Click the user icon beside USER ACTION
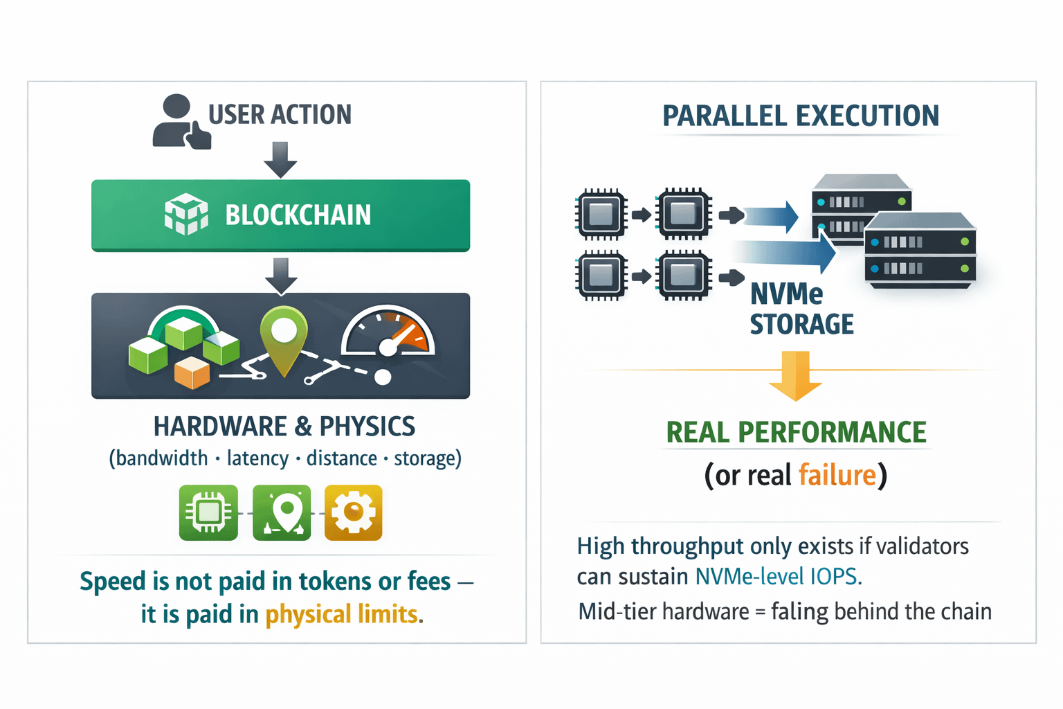181,122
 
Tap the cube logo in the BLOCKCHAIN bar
186,214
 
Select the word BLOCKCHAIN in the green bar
298,215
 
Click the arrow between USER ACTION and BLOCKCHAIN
280,159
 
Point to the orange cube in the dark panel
192,373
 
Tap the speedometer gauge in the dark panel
388,332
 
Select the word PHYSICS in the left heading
367,427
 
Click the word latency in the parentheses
257,459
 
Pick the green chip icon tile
208,512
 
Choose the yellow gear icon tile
353,512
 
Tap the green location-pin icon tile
282,512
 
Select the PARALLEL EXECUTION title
801,116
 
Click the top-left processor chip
601,214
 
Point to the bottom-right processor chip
683,276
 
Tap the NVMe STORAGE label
801,309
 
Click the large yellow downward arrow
795,376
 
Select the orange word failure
837,475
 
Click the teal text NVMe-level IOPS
779,577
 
